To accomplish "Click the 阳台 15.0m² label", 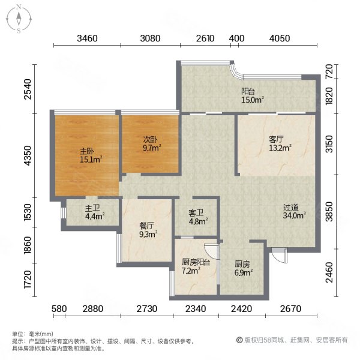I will [x=253, y=96].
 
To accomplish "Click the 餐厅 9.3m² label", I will [x=147, y=230].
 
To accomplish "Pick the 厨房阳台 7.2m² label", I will [x=196, y=266].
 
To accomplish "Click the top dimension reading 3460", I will [x=87, y=39].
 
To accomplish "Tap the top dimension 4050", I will [x=280, y=39].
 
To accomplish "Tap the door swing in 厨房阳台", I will [x=209, y=250].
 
